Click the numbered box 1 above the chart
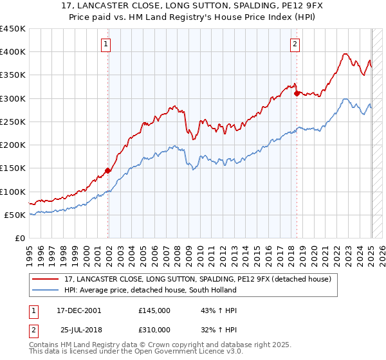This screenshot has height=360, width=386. pyautogui.click(x=107, y=44)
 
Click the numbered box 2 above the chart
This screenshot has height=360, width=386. pyautogui.click(x=295, y=44)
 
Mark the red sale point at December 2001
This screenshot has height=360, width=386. pyautogui.click(x=107, y=170)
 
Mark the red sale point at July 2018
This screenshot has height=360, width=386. pyautogui.click(x=297, y=93)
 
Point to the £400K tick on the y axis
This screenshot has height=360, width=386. pyautogui.click(x=14, y=52)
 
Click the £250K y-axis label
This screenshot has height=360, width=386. pyautogui.click(x=14, y=122)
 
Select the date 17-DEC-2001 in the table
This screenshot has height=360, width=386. pyautogui.click(x=78, y=310)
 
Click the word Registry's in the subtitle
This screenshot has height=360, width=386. pyautogui.click(x=219, y=18)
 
